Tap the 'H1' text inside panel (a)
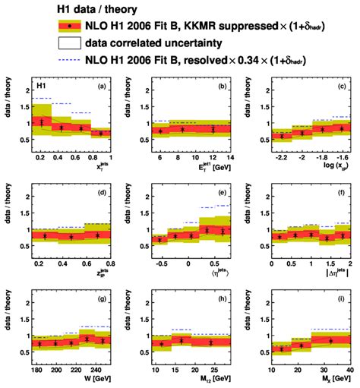[x=44, y=87]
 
